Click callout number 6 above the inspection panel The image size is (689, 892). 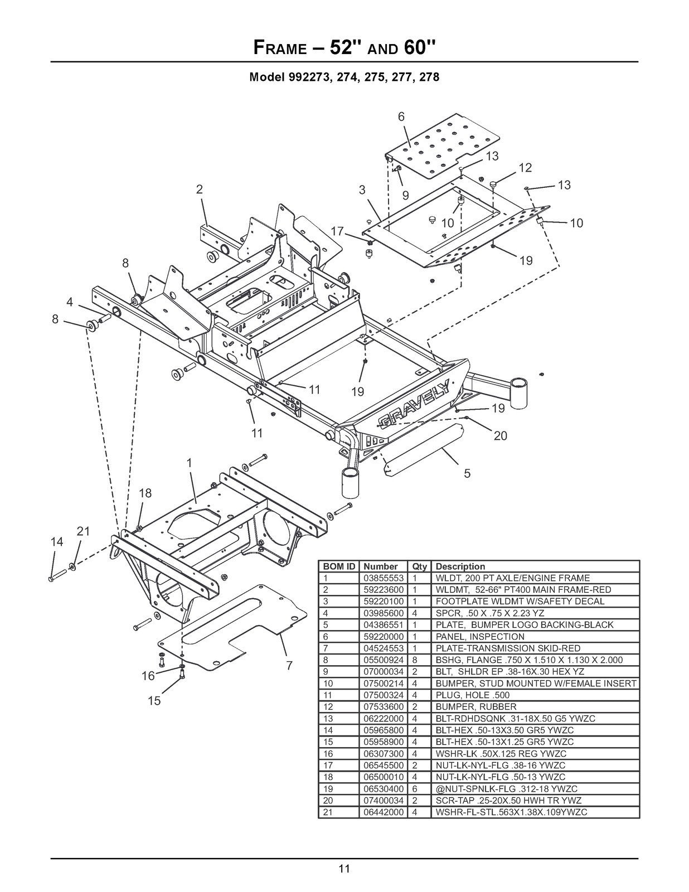401,117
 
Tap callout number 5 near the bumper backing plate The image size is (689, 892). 467,473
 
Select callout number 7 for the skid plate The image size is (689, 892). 289,665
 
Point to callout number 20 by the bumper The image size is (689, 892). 501,435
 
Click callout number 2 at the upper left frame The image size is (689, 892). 199,189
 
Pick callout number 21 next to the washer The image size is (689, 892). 83,531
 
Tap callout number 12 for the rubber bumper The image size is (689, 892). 525,167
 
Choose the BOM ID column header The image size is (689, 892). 339,566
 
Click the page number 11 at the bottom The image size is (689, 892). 344,868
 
